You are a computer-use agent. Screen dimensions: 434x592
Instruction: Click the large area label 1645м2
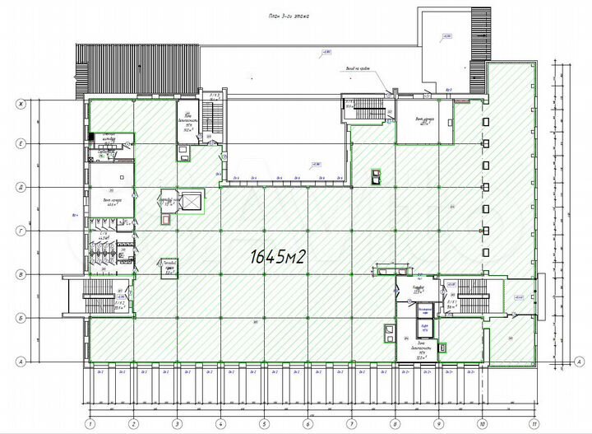(x=277, y=256)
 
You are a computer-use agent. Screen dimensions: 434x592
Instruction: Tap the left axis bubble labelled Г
(x=22, y=231)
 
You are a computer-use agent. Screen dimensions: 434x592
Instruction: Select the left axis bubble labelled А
(x=22, y=361)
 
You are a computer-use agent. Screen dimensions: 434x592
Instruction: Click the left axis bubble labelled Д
(x=22, y=188)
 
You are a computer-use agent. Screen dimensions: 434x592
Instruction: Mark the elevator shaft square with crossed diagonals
(x=190, y=202)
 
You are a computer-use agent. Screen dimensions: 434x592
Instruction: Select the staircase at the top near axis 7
(x=366, y=109)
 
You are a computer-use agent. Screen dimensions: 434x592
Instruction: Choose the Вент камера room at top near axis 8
(x=421, y=121)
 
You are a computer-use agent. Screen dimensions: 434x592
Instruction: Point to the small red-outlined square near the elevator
(x=168, y=220)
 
